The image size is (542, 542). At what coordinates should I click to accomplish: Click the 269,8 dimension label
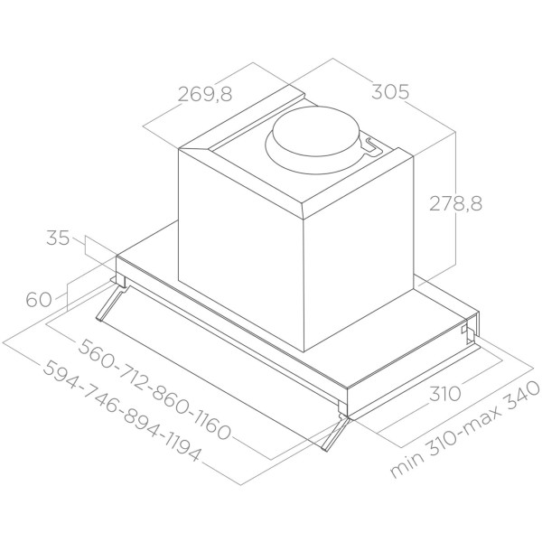(205, 94)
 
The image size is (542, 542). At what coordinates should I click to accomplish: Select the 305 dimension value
(390, 92)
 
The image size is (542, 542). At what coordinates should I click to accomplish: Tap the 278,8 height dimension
(455, 203)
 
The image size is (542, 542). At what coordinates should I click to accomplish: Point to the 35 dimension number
(58, 238)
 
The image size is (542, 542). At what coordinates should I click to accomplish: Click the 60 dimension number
(39, 299)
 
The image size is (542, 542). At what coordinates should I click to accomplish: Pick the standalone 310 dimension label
(445, 394)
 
